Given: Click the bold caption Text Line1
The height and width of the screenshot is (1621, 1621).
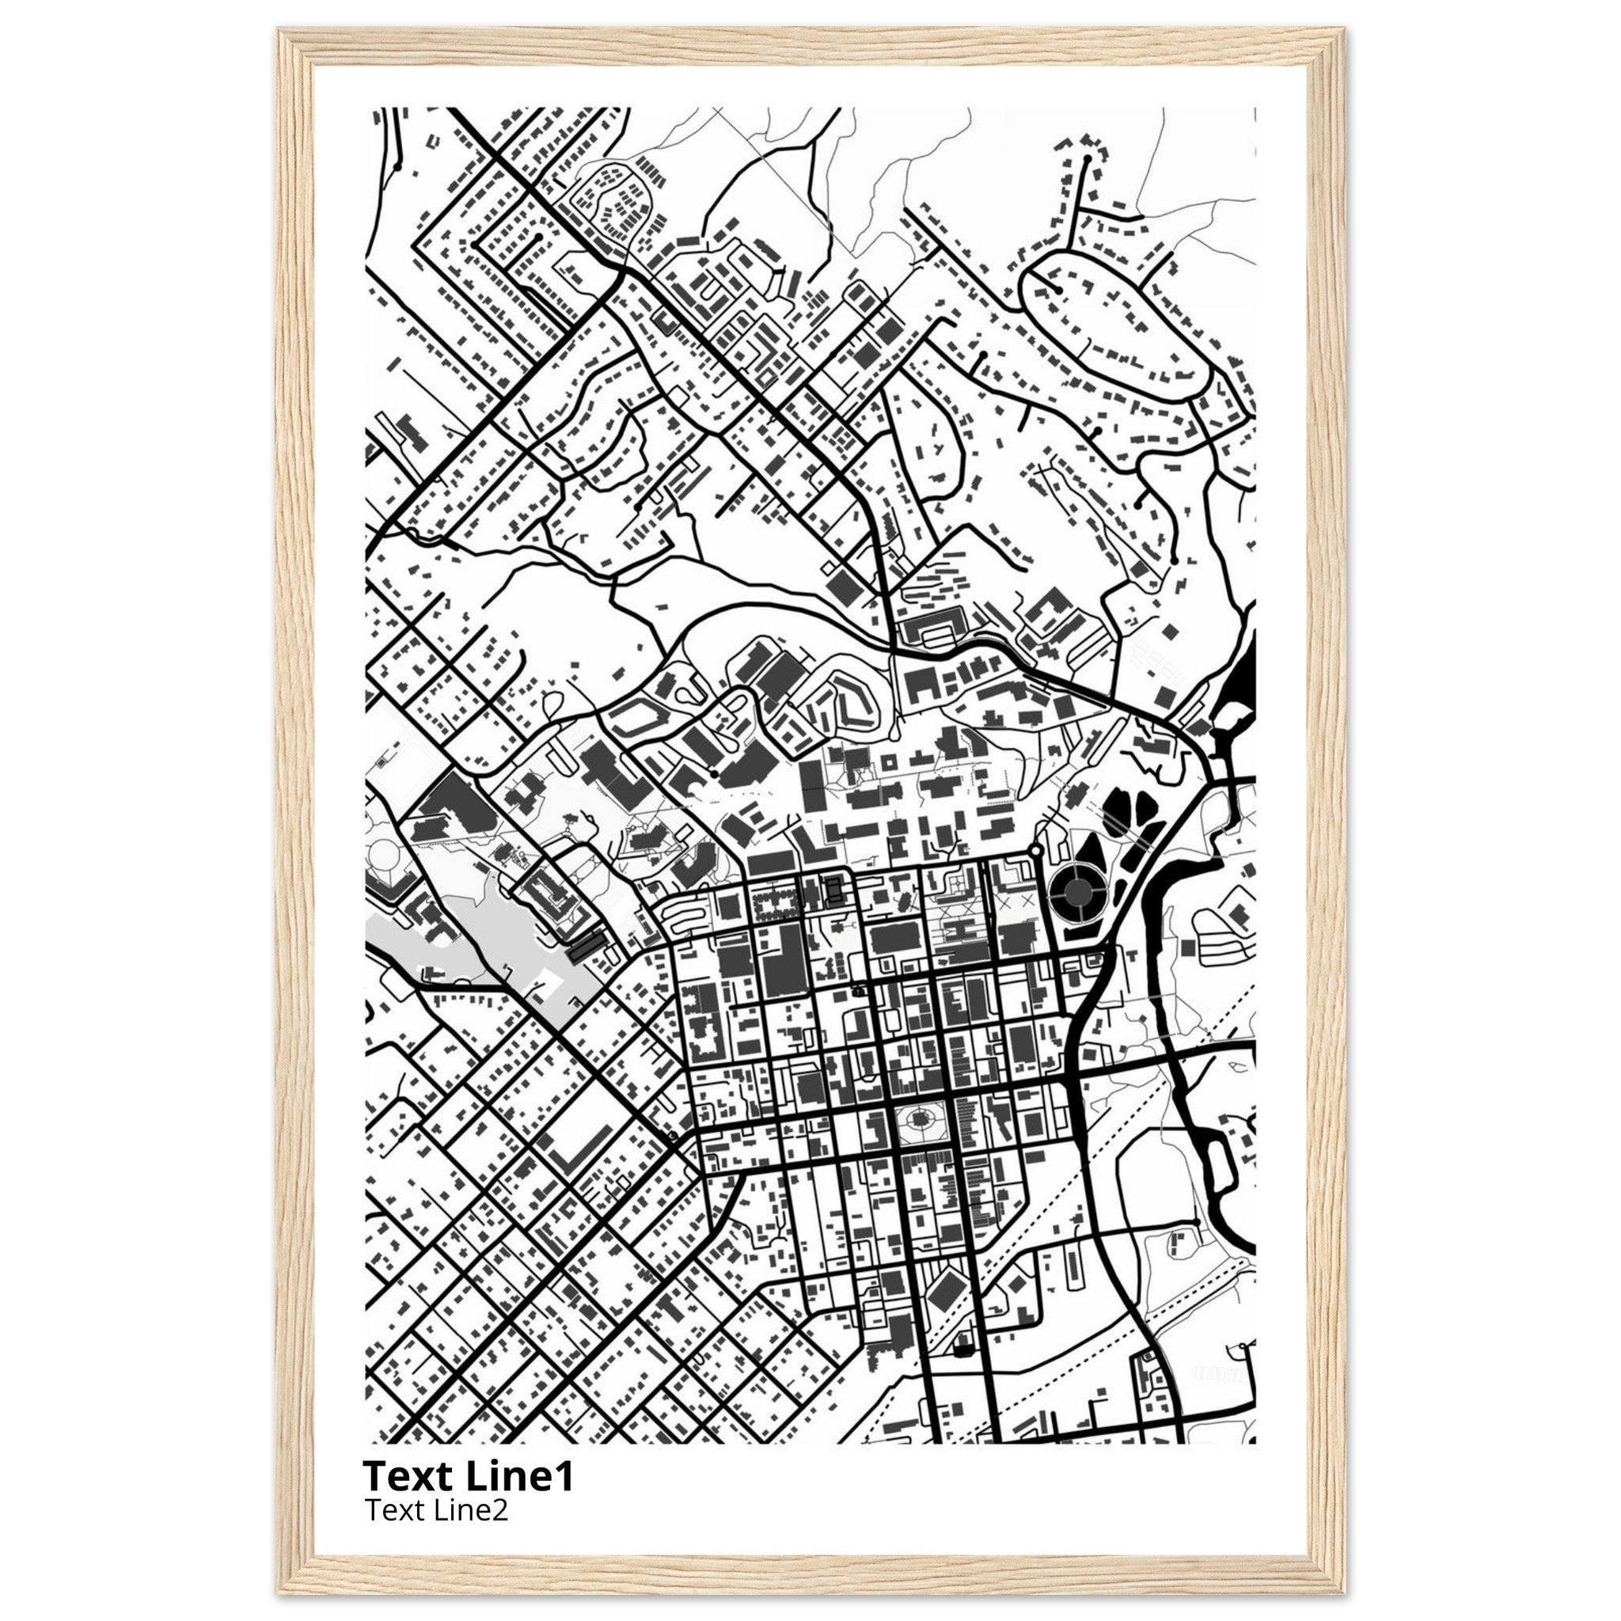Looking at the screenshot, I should point(469,1475).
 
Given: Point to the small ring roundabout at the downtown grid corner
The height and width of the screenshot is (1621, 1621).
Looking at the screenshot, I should point(1035,851).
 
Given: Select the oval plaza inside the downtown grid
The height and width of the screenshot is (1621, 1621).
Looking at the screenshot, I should point(919,1121).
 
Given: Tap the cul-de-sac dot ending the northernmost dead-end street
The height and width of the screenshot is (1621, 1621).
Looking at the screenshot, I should point(1087,158).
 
